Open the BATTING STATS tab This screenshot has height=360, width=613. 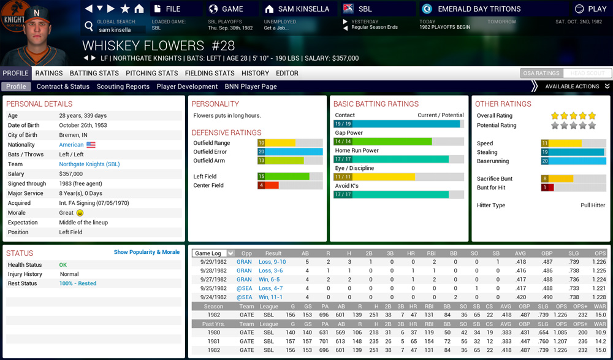94,73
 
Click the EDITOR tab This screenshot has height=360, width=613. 287,73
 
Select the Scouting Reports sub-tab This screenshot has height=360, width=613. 123,86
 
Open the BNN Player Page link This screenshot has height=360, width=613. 251,86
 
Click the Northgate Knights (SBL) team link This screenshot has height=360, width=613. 89,164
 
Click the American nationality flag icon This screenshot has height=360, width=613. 91,145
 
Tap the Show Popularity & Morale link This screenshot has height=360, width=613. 147,252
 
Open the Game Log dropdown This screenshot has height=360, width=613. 213,253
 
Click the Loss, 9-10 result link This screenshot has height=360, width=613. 272,262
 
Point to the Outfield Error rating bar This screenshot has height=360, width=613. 290,151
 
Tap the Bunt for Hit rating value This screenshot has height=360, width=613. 544,188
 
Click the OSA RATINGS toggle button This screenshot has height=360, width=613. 540,73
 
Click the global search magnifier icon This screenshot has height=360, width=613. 89,26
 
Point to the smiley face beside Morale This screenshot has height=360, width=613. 80,213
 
